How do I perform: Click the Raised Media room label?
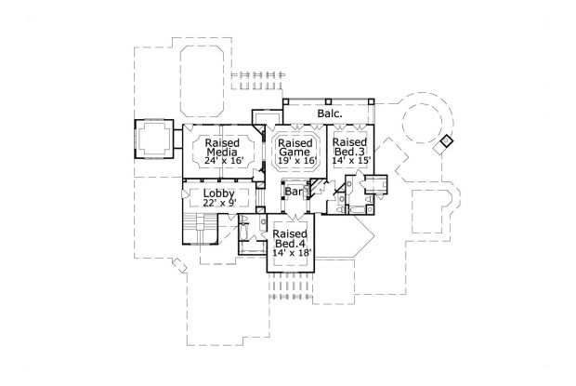point(222,147)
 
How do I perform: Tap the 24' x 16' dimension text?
point(224,161)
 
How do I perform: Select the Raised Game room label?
point(295,147)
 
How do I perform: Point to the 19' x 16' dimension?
point(295,161)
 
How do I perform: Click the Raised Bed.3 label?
point(349,147)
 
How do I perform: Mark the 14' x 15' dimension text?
point(351,161)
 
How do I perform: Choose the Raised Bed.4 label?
point(290,239)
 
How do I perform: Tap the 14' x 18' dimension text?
point(292,253)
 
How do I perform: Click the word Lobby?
point(219,193)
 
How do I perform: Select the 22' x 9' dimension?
point(219,202)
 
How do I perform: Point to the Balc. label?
point(330,113)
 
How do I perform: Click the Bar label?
point(294,192)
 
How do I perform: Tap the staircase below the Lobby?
point(200,229)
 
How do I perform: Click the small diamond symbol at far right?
point(447,140)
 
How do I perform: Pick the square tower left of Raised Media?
point(153,139)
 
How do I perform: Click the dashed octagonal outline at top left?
point(202,79)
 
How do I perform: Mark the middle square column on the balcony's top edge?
point(328,100)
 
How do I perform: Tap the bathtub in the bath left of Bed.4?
point(244,232)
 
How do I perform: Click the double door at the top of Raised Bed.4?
point(294,217)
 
